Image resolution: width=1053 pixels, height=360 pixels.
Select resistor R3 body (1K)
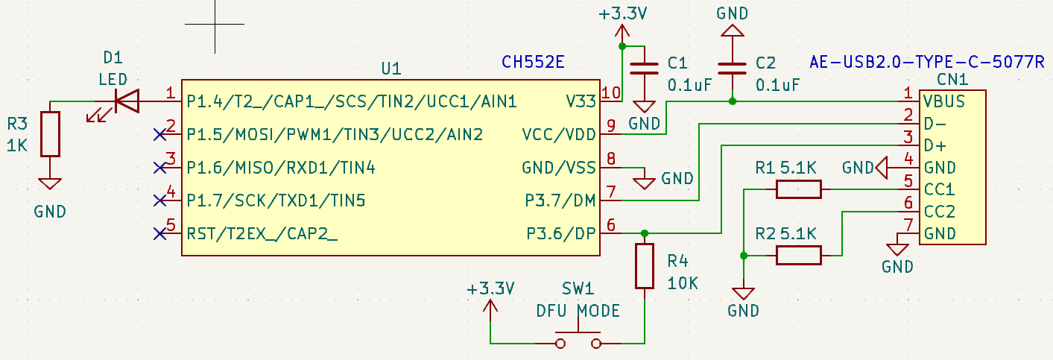coord(50,134)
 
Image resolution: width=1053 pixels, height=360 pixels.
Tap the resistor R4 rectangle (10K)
coord(645,265)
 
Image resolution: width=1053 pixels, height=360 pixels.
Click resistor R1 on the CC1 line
coord(798,189)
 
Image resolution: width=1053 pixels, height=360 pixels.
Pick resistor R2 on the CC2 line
coord(798,256)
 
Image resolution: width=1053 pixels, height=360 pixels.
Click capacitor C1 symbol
coord(645,69)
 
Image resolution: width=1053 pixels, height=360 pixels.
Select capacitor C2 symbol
coord(733,69)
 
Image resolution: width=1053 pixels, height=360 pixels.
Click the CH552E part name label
coord(533,63)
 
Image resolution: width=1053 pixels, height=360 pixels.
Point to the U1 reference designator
coord(391,69)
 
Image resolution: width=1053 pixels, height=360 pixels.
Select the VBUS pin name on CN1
coord(944,101)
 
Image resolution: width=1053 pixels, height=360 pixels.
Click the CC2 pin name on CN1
coord(939,212)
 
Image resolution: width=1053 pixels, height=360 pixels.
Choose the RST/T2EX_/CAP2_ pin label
coord(262,234)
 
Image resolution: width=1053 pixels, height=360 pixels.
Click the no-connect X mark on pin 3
coord(159,167)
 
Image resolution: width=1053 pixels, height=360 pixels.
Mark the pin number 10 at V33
coord(611,93)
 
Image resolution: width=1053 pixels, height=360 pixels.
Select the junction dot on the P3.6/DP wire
coord(645,233)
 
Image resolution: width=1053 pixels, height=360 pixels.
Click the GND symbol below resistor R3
coord(50,183)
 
